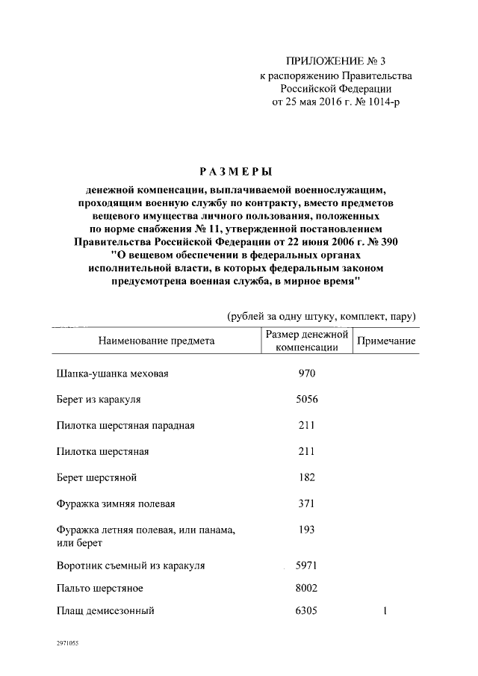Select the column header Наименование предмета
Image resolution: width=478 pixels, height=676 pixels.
tap(156, 341)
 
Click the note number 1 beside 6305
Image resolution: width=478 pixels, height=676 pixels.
tap(385, 612)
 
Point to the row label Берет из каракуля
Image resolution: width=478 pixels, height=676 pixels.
tap(99, 400)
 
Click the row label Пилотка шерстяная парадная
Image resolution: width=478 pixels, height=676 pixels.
tap(125, 426)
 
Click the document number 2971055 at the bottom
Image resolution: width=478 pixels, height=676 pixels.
tap(67, 642)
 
